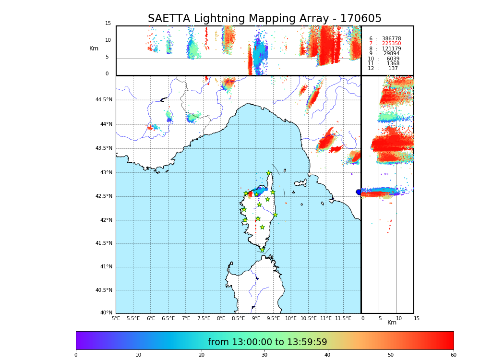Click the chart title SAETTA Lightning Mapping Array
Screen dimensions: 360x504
[x=264, y=19]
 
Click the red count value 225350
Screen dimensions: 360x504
[x=391, y=44]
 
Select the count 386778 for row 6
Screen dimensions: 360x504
[x=391, y=39]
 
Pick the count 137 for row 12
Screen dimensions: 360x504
[x=393, y=69]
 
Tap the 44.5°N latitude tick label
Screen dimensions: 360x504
[x=104, y=100]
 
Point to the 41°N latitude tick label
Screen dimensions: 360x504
[x=106, y=267]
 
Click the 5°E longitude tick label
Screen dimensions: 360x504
[x=116, y=318]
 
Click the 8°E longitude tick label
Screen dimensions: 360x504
[x=221, y=318]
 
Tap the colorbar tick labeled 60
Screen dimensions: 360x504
[x=453, y=355]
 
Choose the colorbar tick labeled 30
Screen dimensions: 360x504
[x=264, y=355]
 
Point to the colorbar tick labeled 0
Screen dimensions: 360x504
[x=76, y=355]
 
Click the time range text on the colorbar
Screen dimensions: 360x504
[x=267, y=342]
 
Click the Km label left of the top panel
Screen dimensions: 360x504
[x=94, y=48]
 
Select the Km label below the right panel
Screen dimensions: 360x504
[x=392, y=323]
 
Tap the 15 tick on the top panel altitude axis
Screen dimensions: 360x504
[x=108, y=24]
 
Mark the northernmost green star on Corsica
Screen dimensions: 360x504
[x=269, y=173]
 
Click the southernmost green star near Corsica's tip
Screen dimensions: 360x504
[x=262, y=250]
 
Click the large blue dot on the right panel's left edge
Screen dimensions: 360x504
[x=359, y=192]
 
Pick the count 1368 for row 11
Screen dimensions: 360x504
[x=393, y=64]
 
